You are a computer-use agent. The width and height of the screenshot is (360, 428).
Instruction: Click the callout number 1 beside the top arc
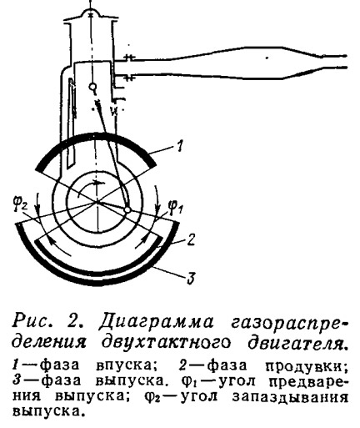tap(180, 146)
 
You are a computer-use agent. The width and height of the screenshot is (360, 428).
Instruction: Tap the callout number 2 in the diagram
tap(190, 239)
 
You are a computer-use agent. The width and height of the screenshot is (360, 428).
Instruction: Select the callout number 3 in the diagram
tap(191, 278)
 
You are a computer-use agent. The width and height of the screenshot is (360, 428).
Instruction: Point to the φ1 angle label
tap(175, 208)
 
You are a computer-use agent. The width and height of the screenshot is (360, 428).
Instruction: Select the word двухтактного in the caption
tap(166, 343)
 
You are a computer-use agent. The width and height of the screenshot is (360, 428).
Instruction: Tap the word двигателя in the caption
tap(297, 343)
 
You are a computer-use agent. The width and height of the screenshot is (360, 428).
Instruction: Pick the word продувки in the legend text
tap(307, 366)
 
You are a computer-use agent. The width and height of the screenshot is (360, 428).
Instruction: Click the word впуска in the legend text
tap(127, 366)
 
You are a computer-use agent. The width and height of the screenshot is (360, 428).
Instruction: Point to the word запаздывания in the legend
tap(290, 398)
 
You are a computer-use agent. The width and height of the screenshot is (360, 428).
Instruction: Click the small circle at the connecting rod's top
tap(92, 88)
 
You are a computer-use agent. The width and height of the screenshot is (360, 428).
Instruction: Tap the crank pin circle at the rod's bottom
tap(127, 210)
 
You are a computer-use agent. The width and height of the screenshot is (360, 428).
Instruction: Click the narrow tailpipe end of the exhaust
tap(334, 62)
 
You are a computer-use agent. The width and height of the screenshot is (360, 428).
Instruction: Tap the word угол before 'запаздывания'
tap(199, 397)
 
